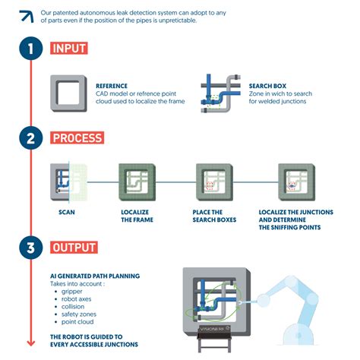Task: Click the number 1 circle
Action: (30, 49)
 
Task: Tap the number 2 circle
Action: (30, 138)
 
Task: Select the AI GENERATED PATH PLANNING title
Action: (95, 276)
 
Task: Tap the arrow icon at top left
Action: (25, 15)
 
